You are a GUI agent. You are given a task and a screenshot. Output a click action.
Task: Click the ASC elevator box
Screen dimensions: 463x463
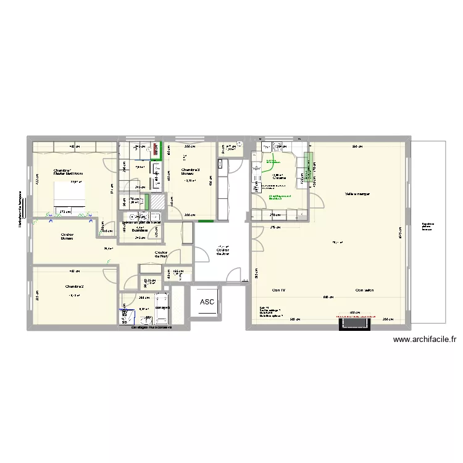(206, 302)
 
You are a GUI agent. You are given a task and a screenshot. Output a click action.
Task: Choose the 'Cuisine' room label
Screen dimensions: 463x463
(278, 177)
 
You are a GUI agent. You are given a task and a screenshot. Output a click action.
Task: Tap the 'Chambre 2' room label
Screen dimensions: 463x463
(74, 286)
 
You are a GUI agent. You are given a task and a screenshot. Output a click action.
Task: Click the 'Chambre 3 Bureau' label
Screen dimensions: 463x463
(190, 172)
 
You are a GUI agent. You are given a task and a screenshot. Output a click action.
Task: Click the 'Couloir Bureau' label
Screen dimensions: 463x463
(68, 236)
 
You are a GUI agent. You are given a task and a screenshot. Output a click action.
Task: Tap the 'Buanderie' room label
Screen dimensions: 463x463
(140, 230)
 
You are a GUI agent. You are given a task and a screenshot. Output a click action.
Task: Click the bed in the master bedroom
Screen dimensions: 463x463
(70, 197)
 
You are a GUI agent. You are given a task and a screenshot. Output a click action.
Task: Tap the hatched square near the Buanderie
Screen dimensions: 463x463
(159, 202)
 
